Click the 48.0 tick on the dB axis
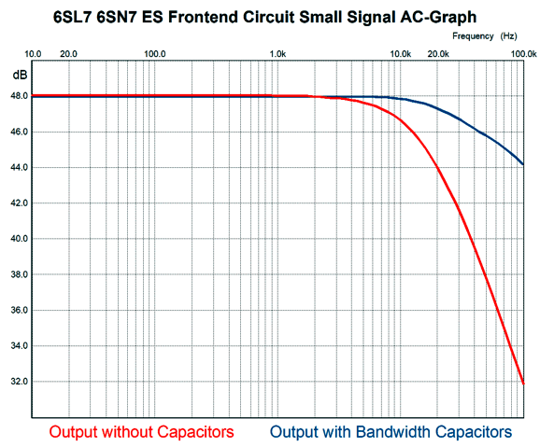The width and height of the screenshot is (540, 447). pyautogui.click(x=20, y=96)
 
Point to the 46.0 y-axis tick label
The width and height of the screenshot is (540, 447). pyautogui.click(x=20, y=132)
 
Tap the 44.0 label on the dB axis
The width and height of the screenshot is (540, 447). pyautogui.click(x=20, y=168)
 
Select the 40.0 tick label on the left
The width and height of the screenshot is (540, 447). pyautogui.click(x=20, y=239)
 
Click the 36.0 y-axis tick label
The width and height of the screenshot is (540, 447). pyautogui.click(x=20, y=310)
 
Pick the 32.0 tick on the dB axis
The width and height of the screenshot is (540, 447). pyautogui.click(x=20, y=382)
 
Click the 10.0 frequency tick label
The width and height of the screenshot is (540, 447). pyautogui.click(x=33, y=54)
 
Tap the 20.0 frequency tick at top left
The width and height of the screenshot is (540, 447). pyautogui.click(x=68, y=54)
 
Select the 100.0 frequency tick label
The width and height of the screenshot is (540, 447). pyautogui.click(x=155, y=54)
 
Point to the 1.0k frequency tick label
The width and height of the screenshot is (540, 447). pyautogui.click(x=277, y=54)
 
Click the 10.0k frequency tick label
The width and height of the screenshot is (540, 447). pyautogui.click(x=401, y=54)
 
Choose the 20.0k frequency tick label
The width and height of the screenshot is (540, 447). pyautogui.click(x=438, y=54)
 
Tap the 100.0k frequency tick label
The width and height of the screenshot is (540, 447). pyautogui.click(x=524, y=54)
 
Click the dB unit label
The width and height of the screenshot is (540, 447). pyautogui.click(x=20, y=75)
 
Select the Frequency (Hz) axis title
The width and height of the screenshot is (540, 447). pyautogui.click(x=485, y=36)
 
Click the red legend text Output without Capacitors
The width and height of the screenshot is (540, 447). pyautogui.click(x=142, y=432)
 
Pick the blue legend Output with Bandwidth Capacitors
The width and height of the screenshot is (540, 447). pyautogui.click(x=391, y=432)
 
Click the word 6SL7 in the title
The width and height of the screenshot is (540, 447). pyautogui.click(x=73, y=17)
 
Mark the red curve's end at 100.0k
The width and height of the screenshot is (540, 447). pyautogui.click(x=523, y=384)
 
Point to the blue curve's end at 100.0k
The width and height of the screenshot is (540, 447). pyautogui.click(x=523, y=164)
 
